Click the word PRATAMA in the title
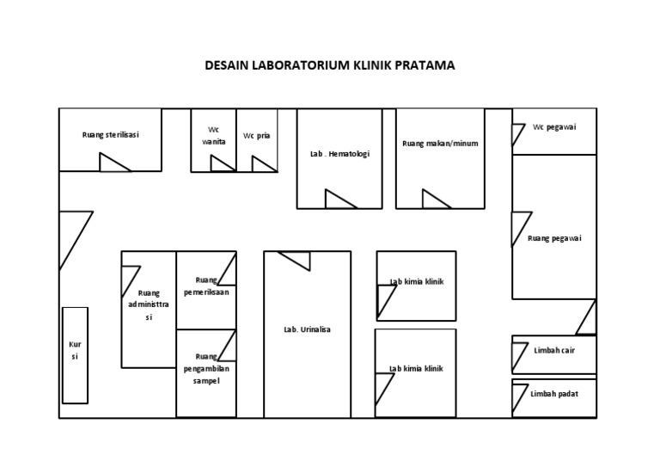click(x=425, y=65)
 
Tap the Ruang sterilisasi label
click(x=111, y=134)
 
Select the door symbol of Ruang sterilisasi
click(x=113, y=163)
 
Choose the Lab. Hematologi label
click(x=339, y=154)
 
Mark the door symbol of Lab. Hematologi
click(x=339, y=200)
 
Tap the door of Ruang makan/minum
click(x=436, y=200)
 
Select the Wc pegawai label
click(x=554, y=126)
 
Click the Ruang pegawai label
click(x=554, y=238)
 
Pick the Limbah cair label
click(x=554, y=350)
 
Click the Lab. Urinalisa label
click(x=307, y=329)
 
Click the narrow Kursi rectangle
click(x=74, y=353)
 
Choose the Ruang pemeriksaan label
click(x=206, y=286)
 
